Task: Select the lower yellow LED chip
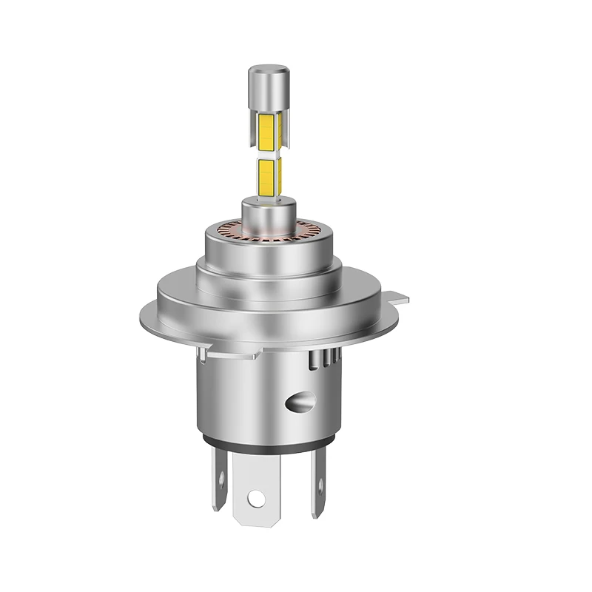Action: point(266,175)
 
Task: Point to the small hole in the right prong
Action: point(320,485)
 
